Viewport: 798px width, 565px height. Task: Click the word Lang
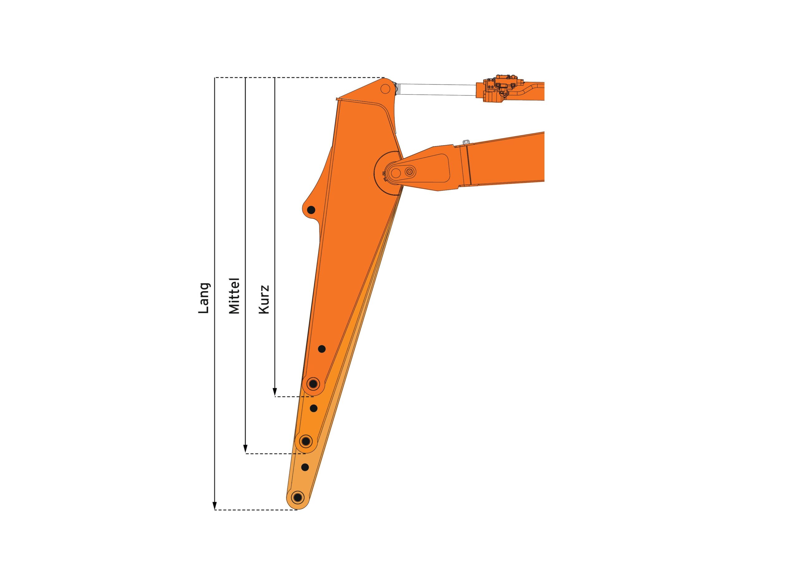click(x=204, y=298)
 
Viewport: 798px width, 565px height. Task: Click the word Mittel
click(x=234, y=296)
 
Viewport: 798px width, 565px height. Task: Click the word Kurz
click(x=264, y=300)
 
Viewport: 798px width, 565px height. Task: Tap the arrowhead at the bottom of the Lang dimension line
click(x=215, y=506)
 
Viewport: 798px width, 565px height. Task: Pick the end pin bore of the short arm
click(x=314, y=384)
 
